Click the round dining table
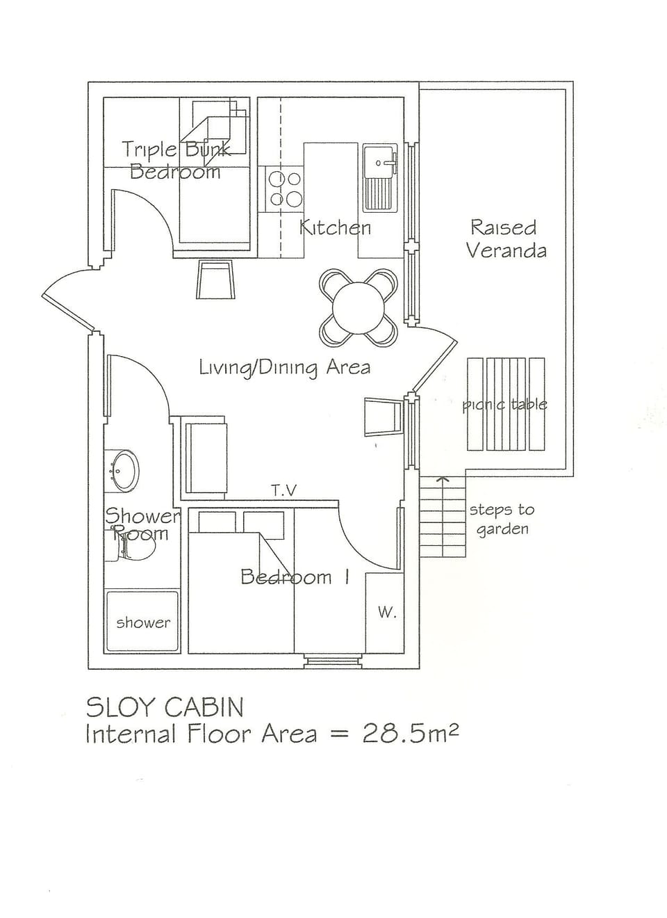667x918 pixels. (359, 307)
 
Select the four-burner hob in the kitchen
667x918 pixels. (285, 189)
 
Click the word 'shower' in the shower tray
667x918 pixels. (142, 623)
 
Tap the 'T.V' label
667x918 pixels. (283, 491)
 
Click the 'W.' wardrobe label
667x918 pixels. (386, 613)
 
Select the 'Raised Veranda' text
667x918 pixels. (505, 239)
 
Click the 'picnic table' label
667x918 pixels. (505, 404)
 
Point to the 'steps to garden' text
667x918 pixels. (502, 519)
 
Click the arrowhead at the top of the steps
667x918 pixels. (442, 478)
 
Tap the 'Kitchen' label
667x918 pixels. (335, 227)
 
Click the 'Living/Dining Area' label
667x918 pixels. (284, 367)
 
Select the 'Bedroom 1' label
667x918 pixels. (295, 577)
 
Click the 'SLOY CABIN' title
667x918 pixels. (165, 707)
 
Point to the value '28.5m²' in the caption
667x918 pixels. (410, 734)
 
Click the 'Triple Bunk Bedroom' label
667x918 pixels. (175, 161)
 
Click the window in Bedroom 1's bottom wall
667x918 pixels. (333, 661)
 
